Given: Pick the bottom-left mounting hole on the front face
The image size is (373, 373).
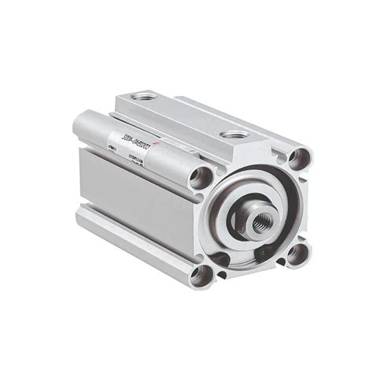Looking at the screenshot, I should [201, 275].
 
